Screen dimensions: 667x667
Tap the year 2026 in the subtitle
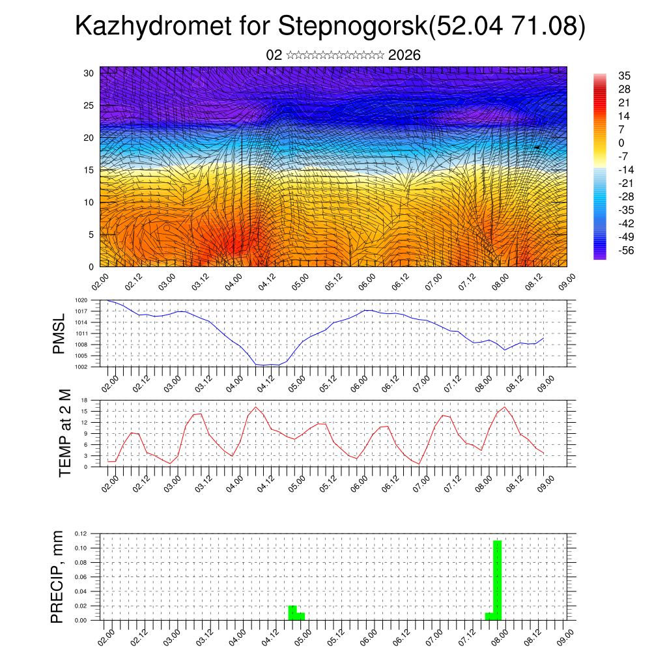(x=404, y=55)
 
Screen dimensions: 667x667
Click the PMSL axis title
(x=59, y=333)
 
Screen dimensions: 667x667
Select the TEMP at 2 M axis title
(x=65, y=433)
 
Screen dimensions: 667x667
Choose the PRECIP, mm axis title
(x=58, y=576)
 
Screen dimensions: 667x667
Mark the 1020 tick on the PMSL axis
(x=81, y=300)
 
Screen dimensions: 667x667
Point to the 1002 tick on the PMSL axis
(x=81, y=367)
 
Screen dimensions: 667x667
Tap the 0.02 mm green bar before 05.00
(x=292, y=613)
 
